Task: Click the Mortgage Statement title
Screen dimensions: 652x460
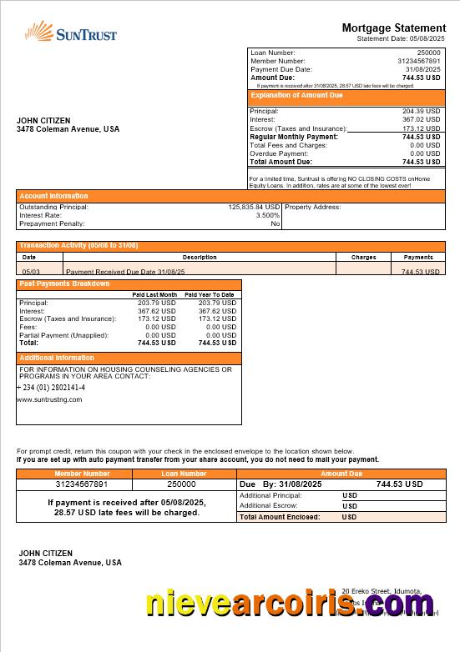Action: [393, 28]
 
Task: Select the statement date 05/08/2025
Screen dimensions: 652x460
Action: [427, 38]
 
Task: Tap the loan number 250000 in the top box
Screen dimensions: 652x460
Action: [428, 53]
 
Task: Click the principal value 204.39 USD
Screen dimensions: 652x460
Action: [421, 111]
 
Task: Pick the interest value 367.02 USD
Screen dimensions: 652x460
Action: [421, 119]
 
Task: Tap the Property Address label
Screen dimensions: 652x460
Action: [313, 207]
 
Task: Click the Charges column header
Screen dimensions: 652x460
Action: [363, 258]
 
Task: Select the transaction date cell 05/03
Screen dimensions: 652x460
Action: [30, 272]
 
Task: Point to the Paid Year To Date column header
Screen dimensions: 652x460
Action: [209, 295]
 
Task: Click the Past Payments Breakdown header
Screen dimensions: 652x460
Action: [64, 284]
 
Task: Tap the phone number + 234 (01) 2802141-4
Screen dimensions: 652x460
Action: [51, 388]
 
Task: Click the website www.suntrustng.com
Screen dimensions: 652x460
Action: [49, 399]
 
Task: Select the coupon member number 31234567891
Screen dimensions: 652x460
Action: [82, 484]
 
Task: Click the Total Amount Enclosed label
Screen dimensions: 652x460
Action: [280, 517]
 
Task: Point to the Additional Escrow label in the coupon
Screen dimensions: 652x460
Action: [270, 506]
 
